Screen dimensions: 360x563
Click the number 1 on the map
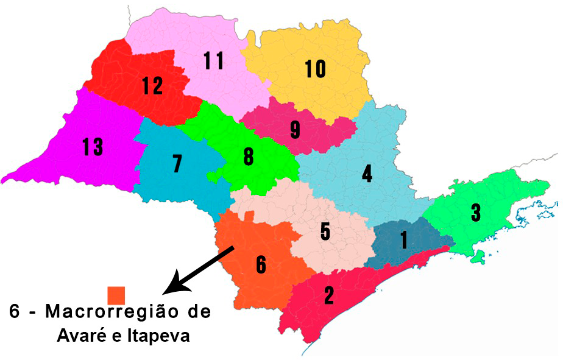(403, 240)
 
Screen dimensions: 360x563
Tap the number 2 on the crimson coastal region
(329, 295)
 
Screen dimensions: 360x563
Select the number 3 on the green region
(476, 213)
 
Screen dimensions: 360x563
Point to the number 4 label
(367, 174)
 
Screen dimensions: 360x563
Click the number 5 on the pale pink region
(325, 231)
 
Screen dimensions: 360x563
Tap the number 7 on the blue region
(177, 164)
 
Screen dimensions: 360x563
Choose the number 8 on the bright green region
(248, 157)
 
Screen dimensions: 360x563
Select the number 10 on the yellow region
(315, 69)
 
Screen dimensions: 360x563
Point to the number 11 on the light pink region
(213, 60)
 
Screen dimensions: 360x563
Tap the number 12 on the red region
(152, 86)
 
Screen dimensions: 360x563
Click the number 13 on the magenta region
(93, 147)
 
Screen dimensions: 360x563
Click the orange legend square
(116, 295)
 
